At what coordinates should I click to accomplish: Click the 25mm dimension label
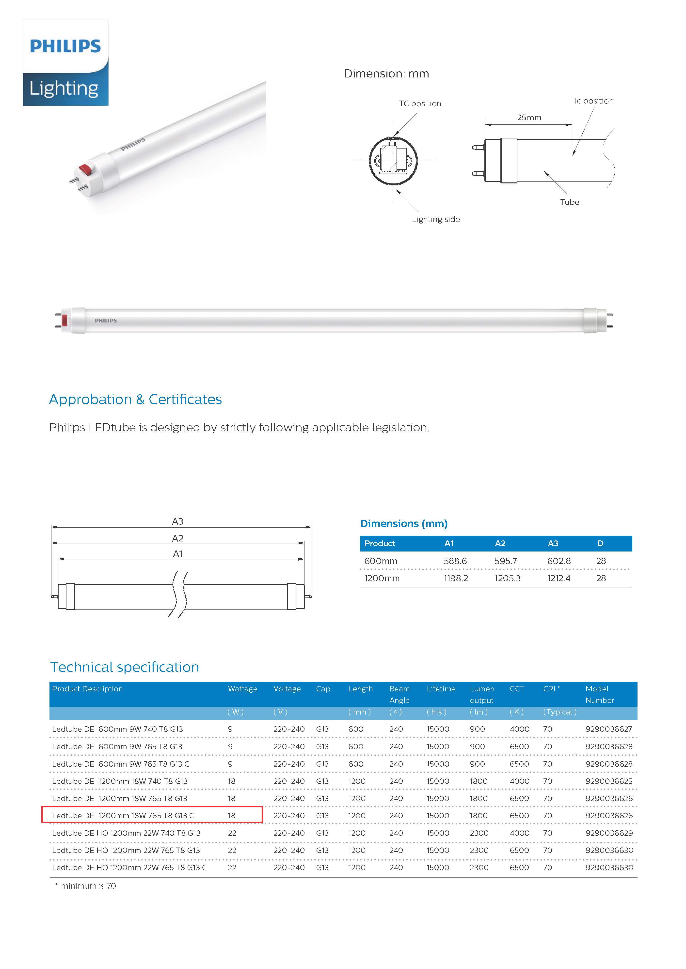point(529,118)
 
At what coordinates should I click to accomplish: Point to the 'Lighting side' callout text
point(435,220)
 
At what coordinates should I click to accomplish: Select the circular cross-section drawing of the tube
point(393,161)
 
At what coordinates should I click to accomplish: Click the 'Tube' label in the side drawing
point(569,202)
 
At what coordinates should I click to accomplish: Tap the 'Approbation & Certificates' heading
point(135,399)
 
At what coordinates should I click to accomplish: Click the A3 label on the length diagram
point(177,522)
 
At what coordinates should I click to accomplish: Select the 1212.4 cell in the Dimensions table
point(558,579)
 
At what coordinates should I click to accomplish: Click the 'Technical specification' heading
point(125,667)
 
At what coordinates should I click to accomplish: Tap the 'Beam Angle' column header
point(399,694)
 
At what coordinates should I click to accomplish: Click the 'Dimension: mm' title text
point(386,74)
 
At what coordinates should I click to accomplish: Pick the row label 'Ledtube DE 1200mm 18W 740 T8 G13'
point(120,781)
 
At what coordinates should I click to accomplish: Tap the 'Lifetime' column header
point(441,689)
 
